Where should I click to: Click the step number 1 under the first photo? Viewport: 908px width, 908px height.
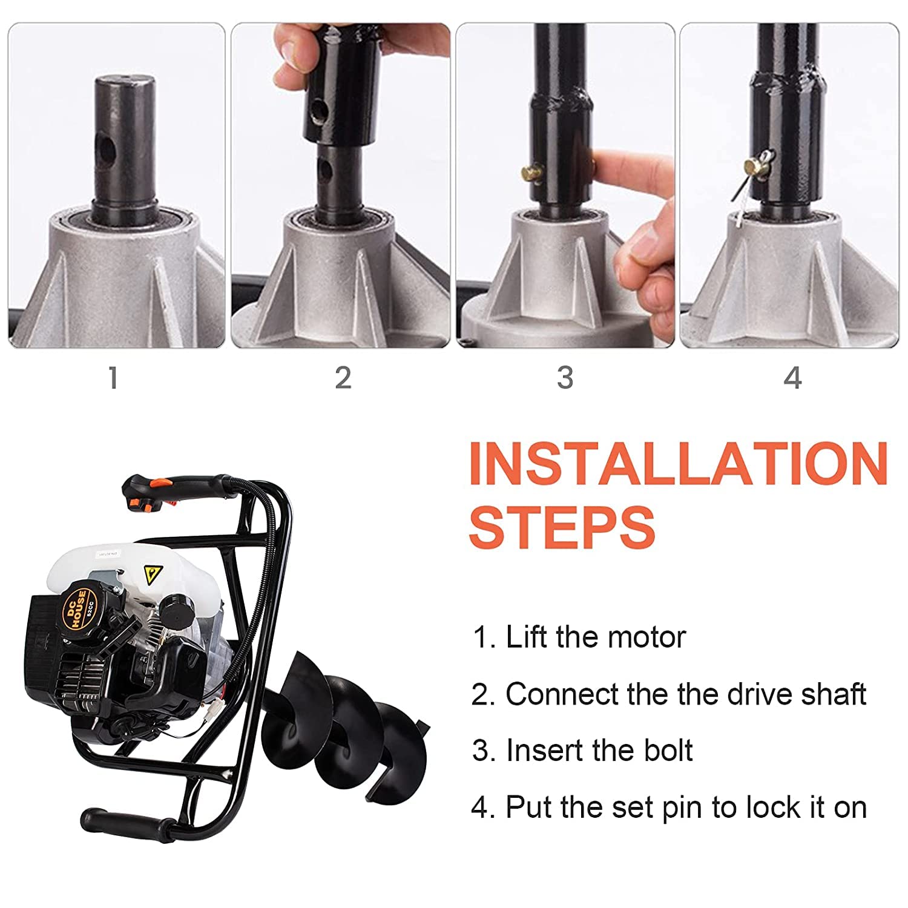tap(113, 378)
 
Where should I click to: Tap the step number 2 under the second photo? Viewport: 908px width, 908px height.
tap(343, 378)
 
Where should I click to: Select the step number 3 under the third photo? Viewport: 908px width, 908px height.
tap(565, 378)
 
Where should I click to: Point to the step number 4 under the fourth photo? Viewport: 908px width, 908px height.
tap(792, 378)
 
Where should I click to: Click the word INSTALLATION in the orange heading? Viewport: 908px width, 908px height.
tap(678, 463)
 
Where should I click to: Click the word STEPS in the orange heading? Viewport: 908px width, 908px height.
tap(562, 527)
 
